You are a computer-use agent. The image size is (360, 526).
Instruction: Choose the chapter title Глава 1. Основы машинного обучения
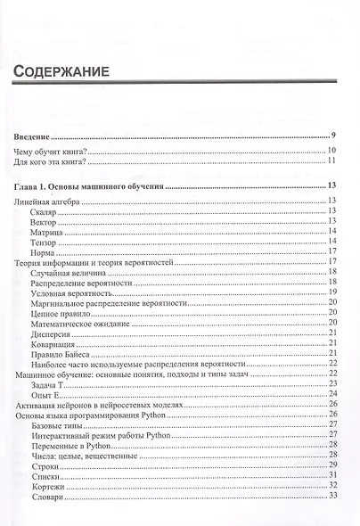tap(90, 187)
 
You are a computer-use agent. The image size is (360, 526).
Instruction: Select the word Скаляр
tap(44, 214)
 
